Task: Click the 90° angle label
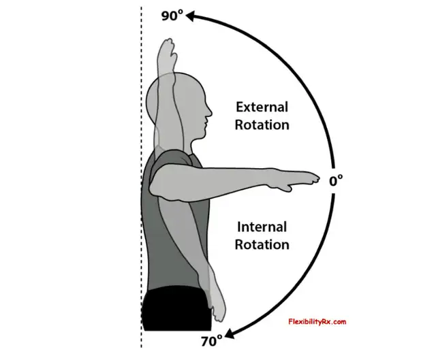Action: [172, 15]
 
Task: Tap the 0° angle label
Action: [336, 181]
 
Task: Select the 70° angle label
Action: [212, 341]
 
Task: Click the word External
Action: [262, 108]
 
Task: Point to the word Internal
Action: [262, 227]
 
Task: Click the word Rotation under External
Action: [262, 125]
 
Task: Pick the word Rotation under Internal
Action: [262, 244]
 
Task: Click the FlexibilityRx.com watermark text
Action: [317, 322]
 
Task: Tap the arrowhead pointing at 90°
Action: [191, 16]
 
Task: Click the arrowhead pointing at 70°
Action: [230, 333]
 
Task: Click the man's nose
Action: [209, 112]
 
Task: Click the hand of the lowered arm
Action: [218, 307]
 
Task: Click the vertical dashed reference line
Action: [141, 178]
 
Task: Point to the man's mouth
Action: [205, 122]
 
